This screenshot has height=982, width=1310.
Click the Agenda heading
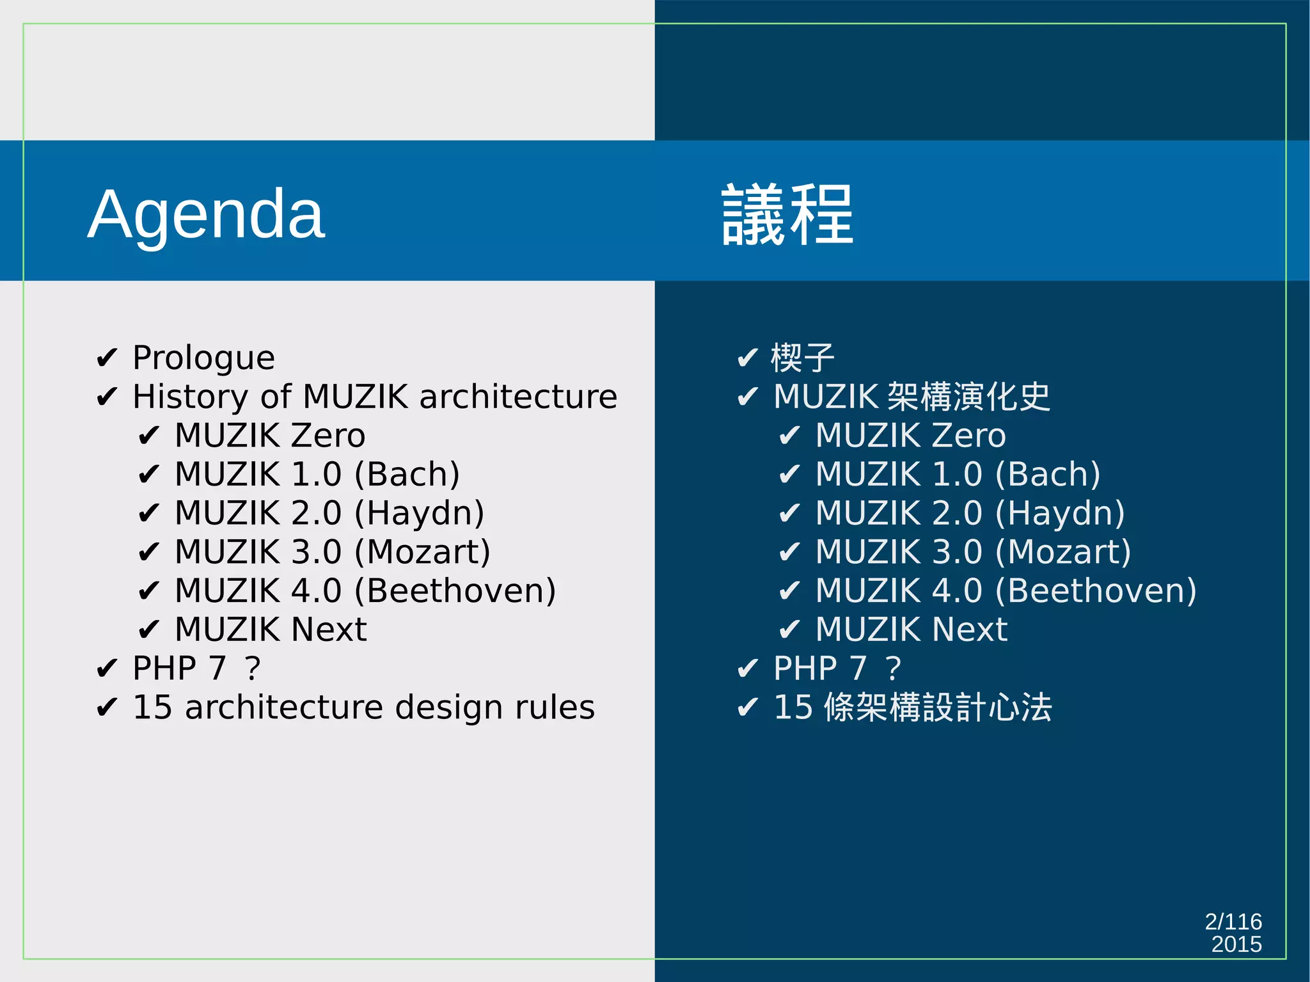coord(206,215)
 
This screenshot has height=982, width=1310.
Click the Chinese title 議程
coord(787,215)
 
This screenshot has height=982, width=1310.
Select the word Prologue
coord(203,358)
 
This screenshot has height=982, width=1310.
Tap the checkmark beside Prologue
coord(106,358)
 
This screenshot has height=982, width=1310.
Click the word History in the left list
coord(190,397)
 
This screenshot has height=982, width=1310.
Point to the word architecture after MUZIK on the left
coord(518,397)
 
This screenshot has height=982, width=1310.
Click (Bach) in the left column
coord(407,475)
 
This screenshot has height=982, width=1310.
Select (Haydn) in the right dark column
coord(1060,514)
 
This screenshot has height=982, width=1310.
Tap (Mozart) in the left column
coord(422,552)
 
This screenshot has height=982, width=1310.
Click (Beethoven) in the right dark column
coord(1096,591)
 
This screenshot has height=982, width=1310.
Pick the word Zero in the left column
coord(328,436)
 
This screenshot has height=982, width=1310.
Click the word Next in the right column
coord(970,630)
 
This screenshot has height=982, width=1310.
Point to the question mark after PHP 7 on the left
coord(253,669)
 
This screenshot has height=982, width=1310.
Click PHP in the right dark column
coord(805,669)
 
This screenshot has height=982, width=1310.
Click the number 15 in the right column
coord(793,708)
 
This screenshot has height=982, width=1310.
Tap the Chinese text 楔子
coord(803,358)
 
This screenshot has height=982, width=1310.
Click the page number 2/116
coord(1233,922)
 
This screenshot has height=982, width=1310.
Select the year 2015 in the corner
coord(1236,944)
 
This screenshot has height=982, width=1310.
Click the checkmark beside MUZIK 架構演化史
coord(747,397)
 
